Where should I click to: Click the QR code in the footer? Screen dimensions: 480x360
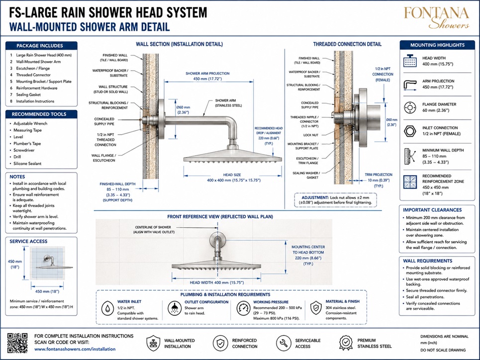(17, 343)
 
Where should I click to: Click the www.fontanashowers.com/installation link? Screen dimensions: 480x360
(75, 349)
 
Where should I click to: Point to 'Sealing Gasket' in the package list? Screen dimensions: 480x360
(28, 94)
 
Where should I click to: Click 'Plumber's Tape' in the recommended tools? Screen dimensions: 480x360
(27, 143)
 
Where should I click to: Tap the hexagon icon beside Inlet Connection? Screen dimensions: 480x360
(409, 131)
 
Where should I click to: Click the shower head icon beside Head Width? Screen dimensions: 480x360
(410, 61)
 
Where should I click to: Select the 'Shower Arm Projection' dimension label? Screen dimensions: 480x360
(207, 76)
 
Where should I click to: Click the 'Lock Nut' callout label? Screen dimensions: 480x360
(311, 135)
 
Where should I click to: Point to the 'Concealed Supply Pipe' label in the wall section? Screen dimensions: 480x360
(104, 121)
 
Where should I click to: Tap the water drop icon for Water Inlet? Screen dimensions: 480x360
(107, 308)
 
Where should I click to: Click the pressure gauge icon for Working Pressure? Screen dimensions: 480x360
(243, 308)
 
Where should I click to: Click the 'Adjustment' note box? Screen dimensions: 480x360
(336, 200)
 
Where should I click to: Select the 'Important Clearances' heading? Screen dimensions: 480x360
(432, 210)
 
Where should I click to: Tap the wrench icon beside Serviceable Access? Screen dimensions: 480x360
(284, 343)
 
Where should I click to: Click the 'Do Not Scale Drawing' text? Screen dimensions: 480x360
(443, 350)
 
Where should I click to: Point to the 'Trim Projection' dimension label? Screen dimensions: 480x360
(379, 180)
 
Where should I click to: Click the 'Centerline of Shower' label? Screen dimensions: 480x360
(153, 230)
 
